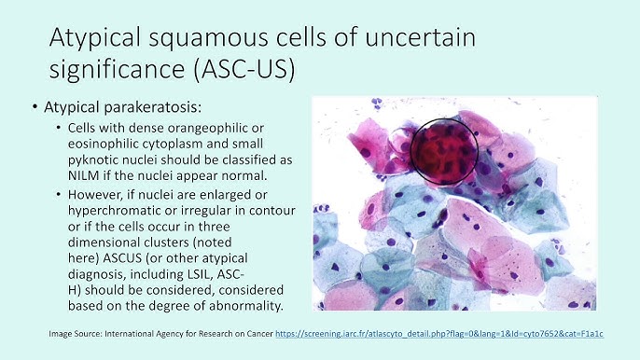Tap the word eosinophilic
point(111,143)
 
